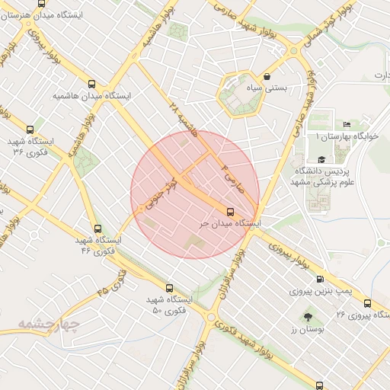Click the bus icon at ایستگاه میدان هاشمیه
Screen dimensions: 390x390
[92, 85]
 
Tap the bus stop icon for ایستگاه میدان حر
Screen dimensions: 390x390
[230, 211]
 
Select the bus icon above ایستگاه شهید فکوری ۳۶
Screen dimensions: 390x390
[30, 129]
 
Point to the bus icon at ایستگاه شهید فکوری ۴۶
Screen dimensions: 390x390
[97, 229]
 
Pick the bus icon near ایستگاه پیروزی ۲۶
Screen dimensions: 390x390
[368, 303]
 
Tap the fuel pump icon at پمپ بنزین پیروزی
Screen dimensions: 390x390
[319, 279]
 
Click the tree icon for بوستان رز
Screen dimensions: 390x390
[308, 316]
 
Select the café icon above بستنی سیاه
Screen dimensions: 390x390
[267, 77]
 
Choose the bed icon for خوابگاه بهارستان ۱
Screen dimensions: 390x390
[347, 124]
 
